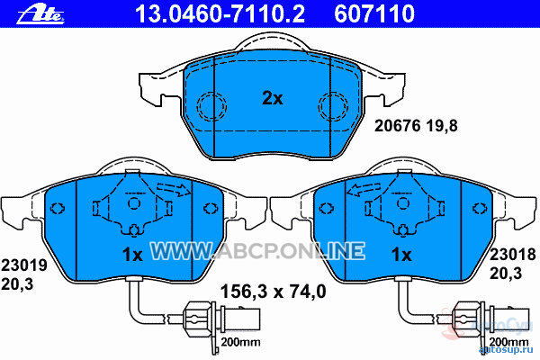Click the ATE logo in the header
coord(40,15)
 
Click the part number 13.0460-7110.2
coord(220,13)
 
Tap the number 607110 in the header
coord(374,13)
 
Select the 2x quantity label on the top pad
coord(273,98)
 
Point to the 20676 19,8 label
coord(416,126)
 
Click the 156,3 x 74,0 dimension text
coord(273,292)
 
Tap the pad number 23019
coord(24,265)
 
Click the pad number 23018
coord(512,255)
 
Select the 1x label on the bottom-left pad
coord(132,255)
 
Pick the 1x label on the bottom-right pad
coord(401,255)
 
